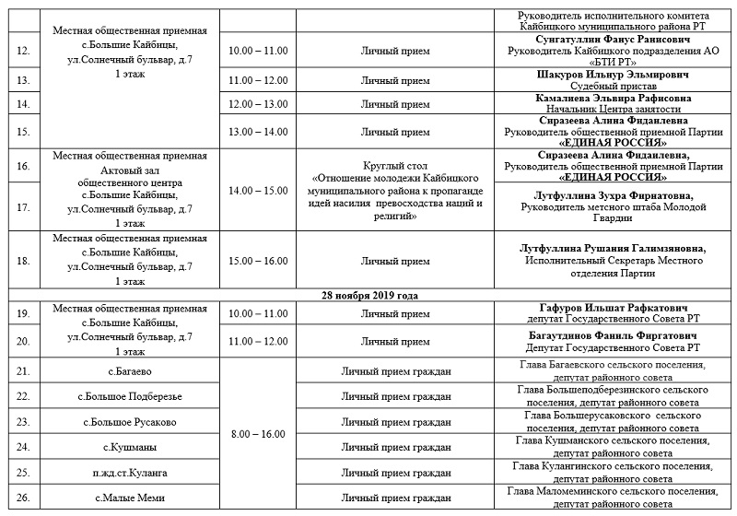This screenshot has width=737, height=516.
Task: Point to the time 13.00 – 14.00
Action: click(x=258, y=131)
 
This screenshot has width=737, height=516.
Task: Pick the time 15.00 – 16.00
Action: click(x=258, y=261)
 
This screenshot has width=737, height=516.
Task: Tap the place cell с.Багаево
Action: click(x=130, y=370)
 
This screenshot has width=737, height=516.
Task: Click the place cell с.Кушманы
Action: click(x=130, y=447)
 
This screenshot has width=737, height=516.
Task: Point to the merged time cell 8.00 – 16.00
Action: click(x=258, y=434)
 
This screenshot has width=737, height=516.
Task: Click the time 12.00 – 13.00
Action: click(x=258, y=104)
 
